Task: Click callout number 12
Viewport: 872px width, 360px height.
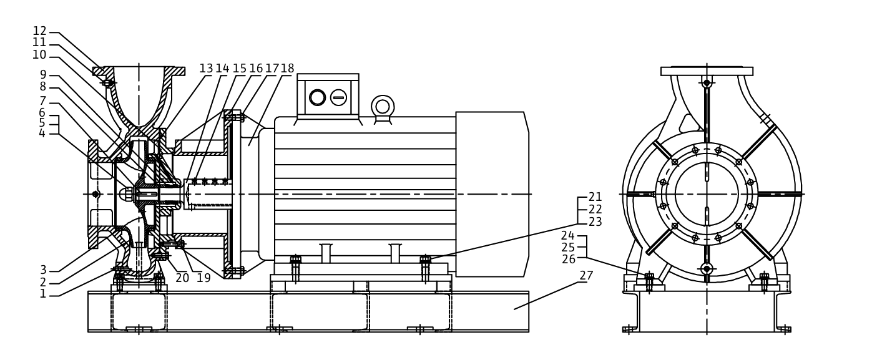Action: pos(40,31)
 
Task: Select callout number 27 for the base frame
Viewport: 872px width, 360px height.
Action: pos(586,276)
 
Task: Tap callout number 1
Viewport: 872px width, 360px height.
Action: pos(43,294)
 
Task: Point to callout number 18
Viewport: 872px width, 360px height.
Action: pos(287,69)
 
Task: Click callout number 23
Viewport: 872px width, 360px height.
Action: pos(595,222)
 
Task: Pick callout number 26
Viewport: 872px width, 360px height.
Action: pos(569,259)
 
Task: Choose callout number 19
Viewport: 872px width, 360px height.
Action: pos(203,278)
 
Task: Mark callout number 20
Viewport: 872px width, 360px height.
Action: pos(182,278)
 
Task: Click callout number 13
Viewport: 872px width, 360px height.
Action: pos(207,69)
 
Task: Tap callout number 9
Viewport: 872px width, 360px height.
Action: pos(43,75)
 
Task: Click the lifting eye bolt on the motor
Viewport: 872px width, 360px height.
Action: pos(383,107)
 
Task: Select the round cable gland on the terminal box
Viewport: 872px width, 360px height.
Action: pos(317,97)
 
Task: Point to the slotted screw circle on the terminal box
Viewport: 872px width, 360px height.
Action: pos(338,97)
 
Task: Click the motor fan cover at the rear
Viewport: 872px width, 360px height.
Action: pos(492,194)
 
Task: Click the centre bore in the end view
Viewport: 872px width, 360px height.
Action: pos(707,194)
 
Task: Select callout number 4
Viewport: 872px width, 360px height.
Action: pos(42,134)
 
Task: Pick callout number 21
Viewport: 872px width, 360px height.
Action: pos(595,197)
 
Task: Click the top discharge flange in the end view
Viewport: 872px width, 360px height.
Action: pos(707,71)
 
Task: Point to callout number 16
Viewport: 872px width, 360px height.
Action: pos(256,69)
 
